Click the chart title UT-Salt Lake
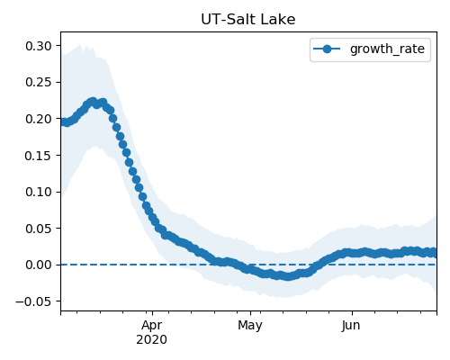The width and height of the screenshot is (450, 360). pos(248,20)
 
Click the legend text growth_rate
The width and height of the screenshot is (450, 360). pos(387,49)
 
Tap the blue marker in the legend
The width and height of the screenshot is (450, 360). pos(327,49)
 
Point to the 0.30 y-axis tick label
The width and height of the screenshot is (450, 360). pos(39,46)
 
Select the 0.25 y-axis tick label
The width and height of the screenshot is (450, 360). pos(39,82)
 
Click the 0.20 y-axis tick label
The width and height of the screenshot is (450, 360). pos(39,119)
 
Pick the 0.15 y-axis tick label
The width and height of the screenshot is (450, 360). pos(39,156)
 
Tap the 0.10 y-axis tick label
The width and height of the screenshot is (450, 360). pos(39,192)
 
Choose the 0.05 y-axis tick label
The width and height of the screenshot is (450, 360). pos(39,229)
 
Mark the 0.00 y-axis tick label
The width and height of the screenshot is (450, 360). pos(39,265)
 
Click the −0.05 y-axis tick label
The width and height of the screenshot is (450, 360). pos(33,301)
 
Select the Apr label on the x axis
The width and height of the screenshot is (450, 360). pos(152,326)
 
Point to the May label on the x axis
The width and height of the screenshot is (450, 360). pos(250,326)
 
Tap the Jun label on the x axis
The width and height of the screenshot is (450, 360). pos(351,326)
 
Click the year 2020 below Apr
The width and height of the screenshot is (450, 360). pos(151,339)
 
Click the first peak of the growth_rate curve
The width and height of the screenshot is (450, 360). pos(93,102)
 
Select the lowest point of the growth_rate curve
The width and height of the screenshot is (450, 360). pos(288,276)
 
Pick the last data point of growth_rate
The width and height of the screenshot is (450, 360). pos(433,253)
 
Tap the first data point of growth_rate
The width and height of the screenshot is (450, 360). pos(63,121)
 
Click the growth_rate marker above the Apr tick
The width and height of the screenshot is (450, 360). pos(152,218)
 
